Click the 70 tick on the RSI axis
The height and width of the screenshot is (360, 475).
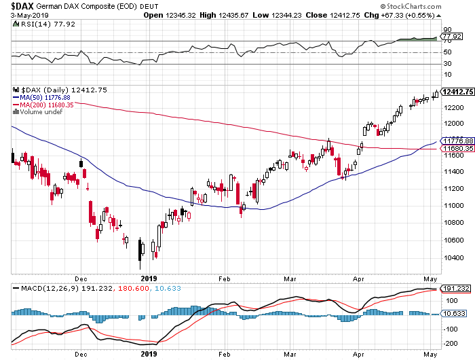tap(447, 42)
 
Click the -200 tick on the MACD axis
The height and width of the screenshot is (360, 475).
tap(449, 329)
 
